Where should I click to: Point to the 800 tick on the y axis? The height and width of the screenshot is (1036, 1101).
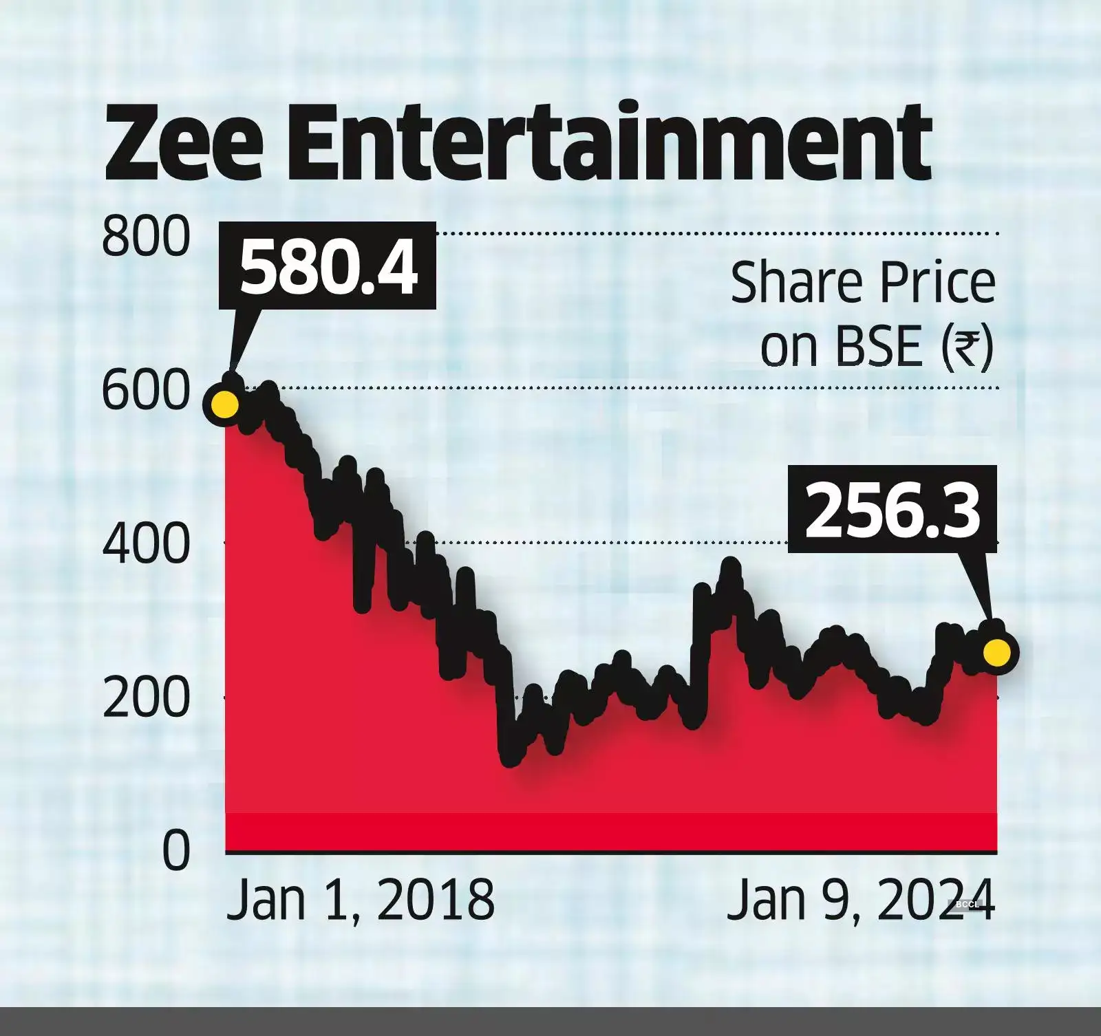[x=145, y=236]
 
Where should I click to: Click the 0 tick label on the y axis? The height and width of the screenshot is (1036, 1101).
[x=175, y=852]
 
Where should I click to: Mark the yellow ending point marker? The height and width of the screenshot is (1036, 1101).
[x=997, y=651]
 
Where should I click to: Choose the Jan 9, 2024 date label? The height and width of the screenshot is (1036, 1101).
[x=860, y=900]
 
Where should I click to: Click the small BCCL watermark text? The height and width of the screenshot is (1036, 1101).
[x=966, y=904]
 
